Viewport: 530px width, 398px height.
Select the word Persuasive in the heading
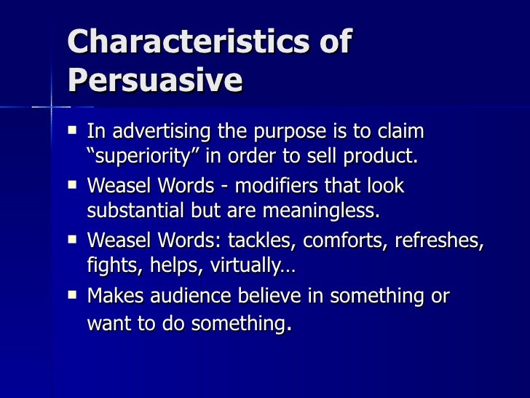pyautogui.click(x=154, y=80)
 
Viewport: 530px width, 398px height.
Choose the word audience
pyautogui.click(x=196, y=296)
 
